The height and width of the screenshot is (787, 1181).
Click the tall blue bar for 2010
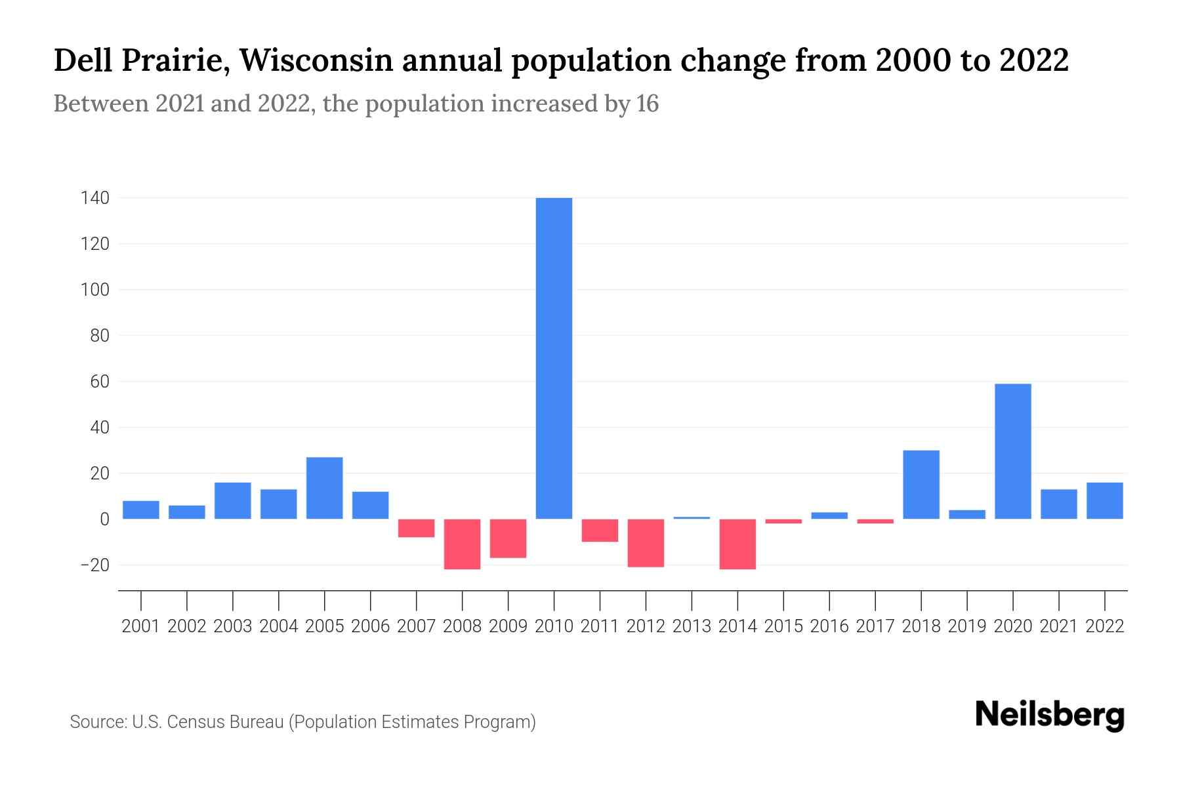click(554, 358)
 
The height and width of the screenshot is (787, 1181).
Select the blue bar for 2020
click(1012, 451)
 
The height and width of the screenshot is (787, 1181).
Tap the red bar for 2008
click(462, 544)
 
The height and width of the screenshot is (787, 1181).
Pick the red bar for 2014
click(737, 544)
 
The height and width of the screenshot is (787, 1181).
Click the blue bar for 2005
click(324, 488)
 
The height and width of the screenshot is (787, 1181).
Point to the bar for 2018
click(921, 485)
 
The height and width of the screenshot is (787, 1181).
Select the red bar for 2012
click(646, 542)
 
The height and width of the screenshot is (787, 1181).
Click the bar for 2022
click(1104, 500)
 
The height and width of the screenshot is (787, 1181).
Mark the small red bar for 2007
click(416, 528)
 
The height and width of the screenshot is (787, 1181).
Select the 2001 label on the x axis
click(141, 626)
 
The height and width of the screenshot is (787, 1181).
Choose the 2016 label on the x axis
click(829, 626)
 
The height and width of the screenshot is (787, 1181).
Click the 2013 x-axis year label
click(692, 626)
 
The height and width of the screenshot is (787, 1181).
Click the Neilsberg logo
click(1050, 715)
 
